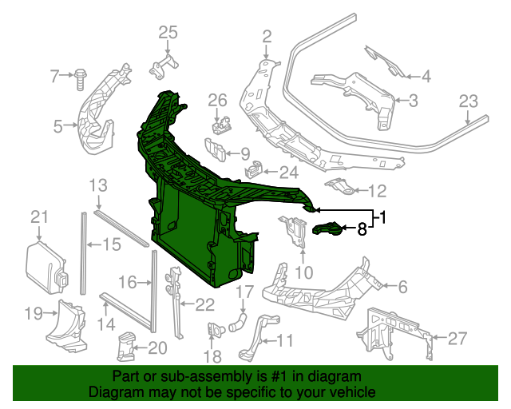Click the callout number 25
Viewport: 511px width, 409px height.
pyautogui.click(x=167, y=32)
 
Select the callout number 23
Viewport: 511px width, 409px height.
pyautogui.click(x=468, y=101)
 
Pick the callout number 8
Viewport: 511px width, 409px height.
pyautogui.click(x=362, y=230)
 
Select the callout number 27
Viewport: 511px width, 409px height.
pyautogui.click(x=457, y=339)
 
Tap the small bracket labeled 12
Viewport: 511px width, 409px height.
pyautogui.click(x=339, y=189)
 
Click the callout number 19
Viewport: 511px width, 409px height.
pyautogui.click(x=32, y=313)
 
